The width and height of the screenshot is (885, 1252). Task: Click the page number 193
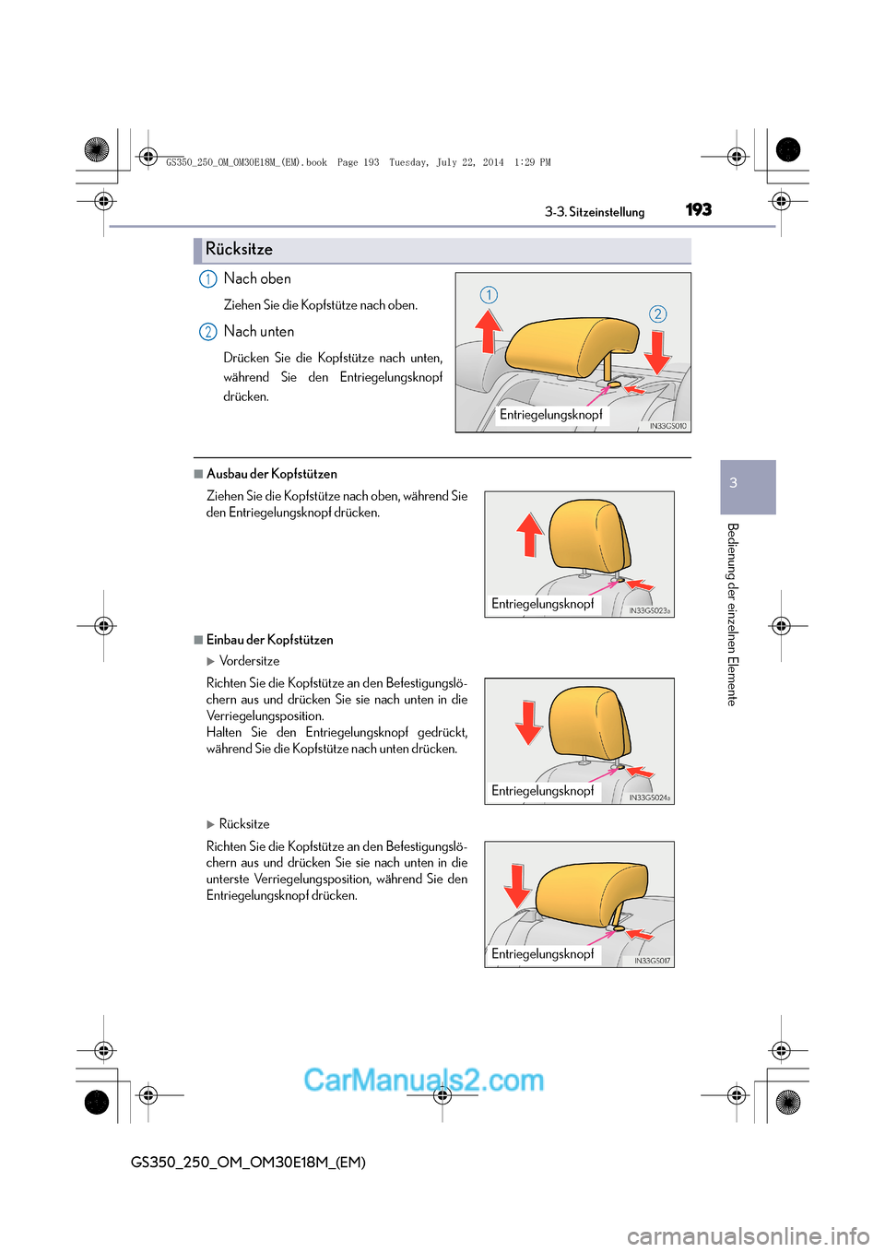click(x=699, y=209)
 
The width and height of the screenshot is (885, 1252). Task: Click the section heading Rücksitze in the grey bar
click(x=239, y=250)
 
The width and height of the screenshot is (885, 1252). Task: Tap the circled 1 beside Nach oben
click(x=208, y=279)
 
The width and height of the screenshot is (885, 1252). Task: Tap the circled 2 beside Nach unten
click(x=208, y=332)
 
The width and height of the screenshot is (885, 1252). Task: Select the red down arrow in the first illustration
click(x=657, y=351)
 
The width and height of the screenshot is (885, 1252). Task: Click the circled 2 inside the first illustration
click(x=657, y=314)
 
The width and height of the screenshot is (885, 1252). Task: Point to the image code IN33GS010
click(x=667, y=426)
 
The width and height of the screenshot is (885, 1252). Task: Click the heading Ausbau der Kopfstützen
click(x=271, y=474)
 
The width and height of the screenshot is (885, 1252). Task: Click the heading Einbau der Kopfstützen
click(x=269, y=640)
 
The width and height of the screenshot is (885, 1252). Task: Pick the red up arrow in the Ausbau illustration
click(x=530, y=534)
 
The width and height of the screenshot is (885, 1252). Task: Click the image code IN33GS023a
click(x=650, y=610)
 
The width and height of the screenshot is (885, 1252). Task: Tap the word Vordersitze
click(x=249, y=661)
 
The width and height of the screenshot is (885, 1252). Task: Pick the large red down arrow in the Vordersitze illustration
click(x=528, y=722)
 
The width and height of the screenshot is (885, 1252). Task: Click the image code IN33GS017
click(x=652, y=961)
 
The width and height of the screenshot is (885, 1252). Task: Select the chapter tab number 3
click(x=734, y=483)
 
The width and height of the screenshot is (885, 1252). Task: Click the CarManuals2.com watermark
click(x=423, y=1080)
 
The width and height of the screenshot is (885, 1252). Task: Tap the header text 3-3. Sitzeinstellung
click(x=595, y=212)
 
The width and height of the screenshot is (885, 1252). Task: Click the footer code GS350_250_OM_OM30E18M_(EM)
click(x=248, y=1163)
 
